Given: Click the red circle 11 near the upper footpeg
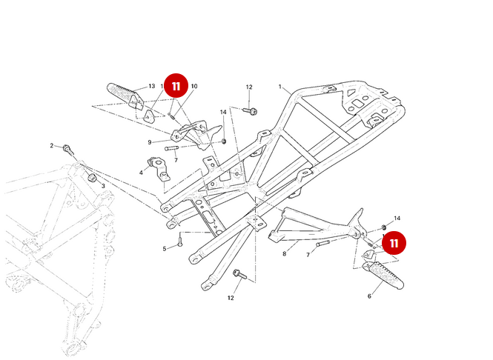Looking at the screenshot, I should (176, 86).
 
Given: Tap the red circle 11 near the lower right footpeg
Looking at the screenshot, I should (394, 243).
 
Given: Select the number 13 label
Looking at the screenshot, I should (151, 87).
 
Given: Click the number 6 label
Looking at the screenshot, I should (369, 296).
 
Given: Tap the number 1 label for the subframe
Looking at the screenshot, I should (279, 87).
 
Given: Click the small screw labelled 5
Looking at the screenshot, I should (180, 240).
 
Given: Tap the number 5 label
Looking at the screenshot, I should (165, 248).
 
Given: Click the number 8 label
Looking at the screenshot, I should (284, 253).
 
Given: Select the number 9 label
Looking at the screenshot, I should (149, 142).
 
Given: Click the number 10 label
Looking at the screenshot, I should (193, 87).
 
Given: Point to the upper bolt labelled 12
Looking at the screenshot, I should (253, 111).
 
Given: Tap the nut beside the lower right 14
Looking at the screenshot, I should (383, 227).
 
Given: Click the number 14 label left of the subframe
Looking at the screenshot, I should (222, 112).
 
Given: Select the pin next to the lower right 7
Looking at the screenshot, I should (327, 243).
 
